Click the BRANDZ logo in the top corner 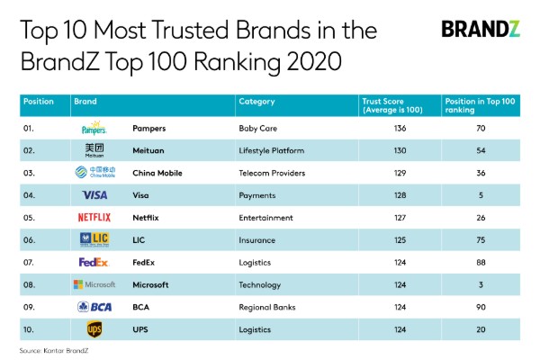pos(480,29)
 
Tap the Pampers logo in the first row pos(94,129)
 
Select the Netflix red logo pos(94,217)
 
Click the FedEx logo pos(94,262)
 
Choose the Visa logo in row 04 pos(94,195)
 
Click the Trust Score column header pos(391,105)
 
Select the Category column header pos(257,102)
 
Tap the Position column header pos(39,102)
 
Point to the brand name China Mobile pos(159,173)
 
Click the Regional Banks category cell pos(267,306)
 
